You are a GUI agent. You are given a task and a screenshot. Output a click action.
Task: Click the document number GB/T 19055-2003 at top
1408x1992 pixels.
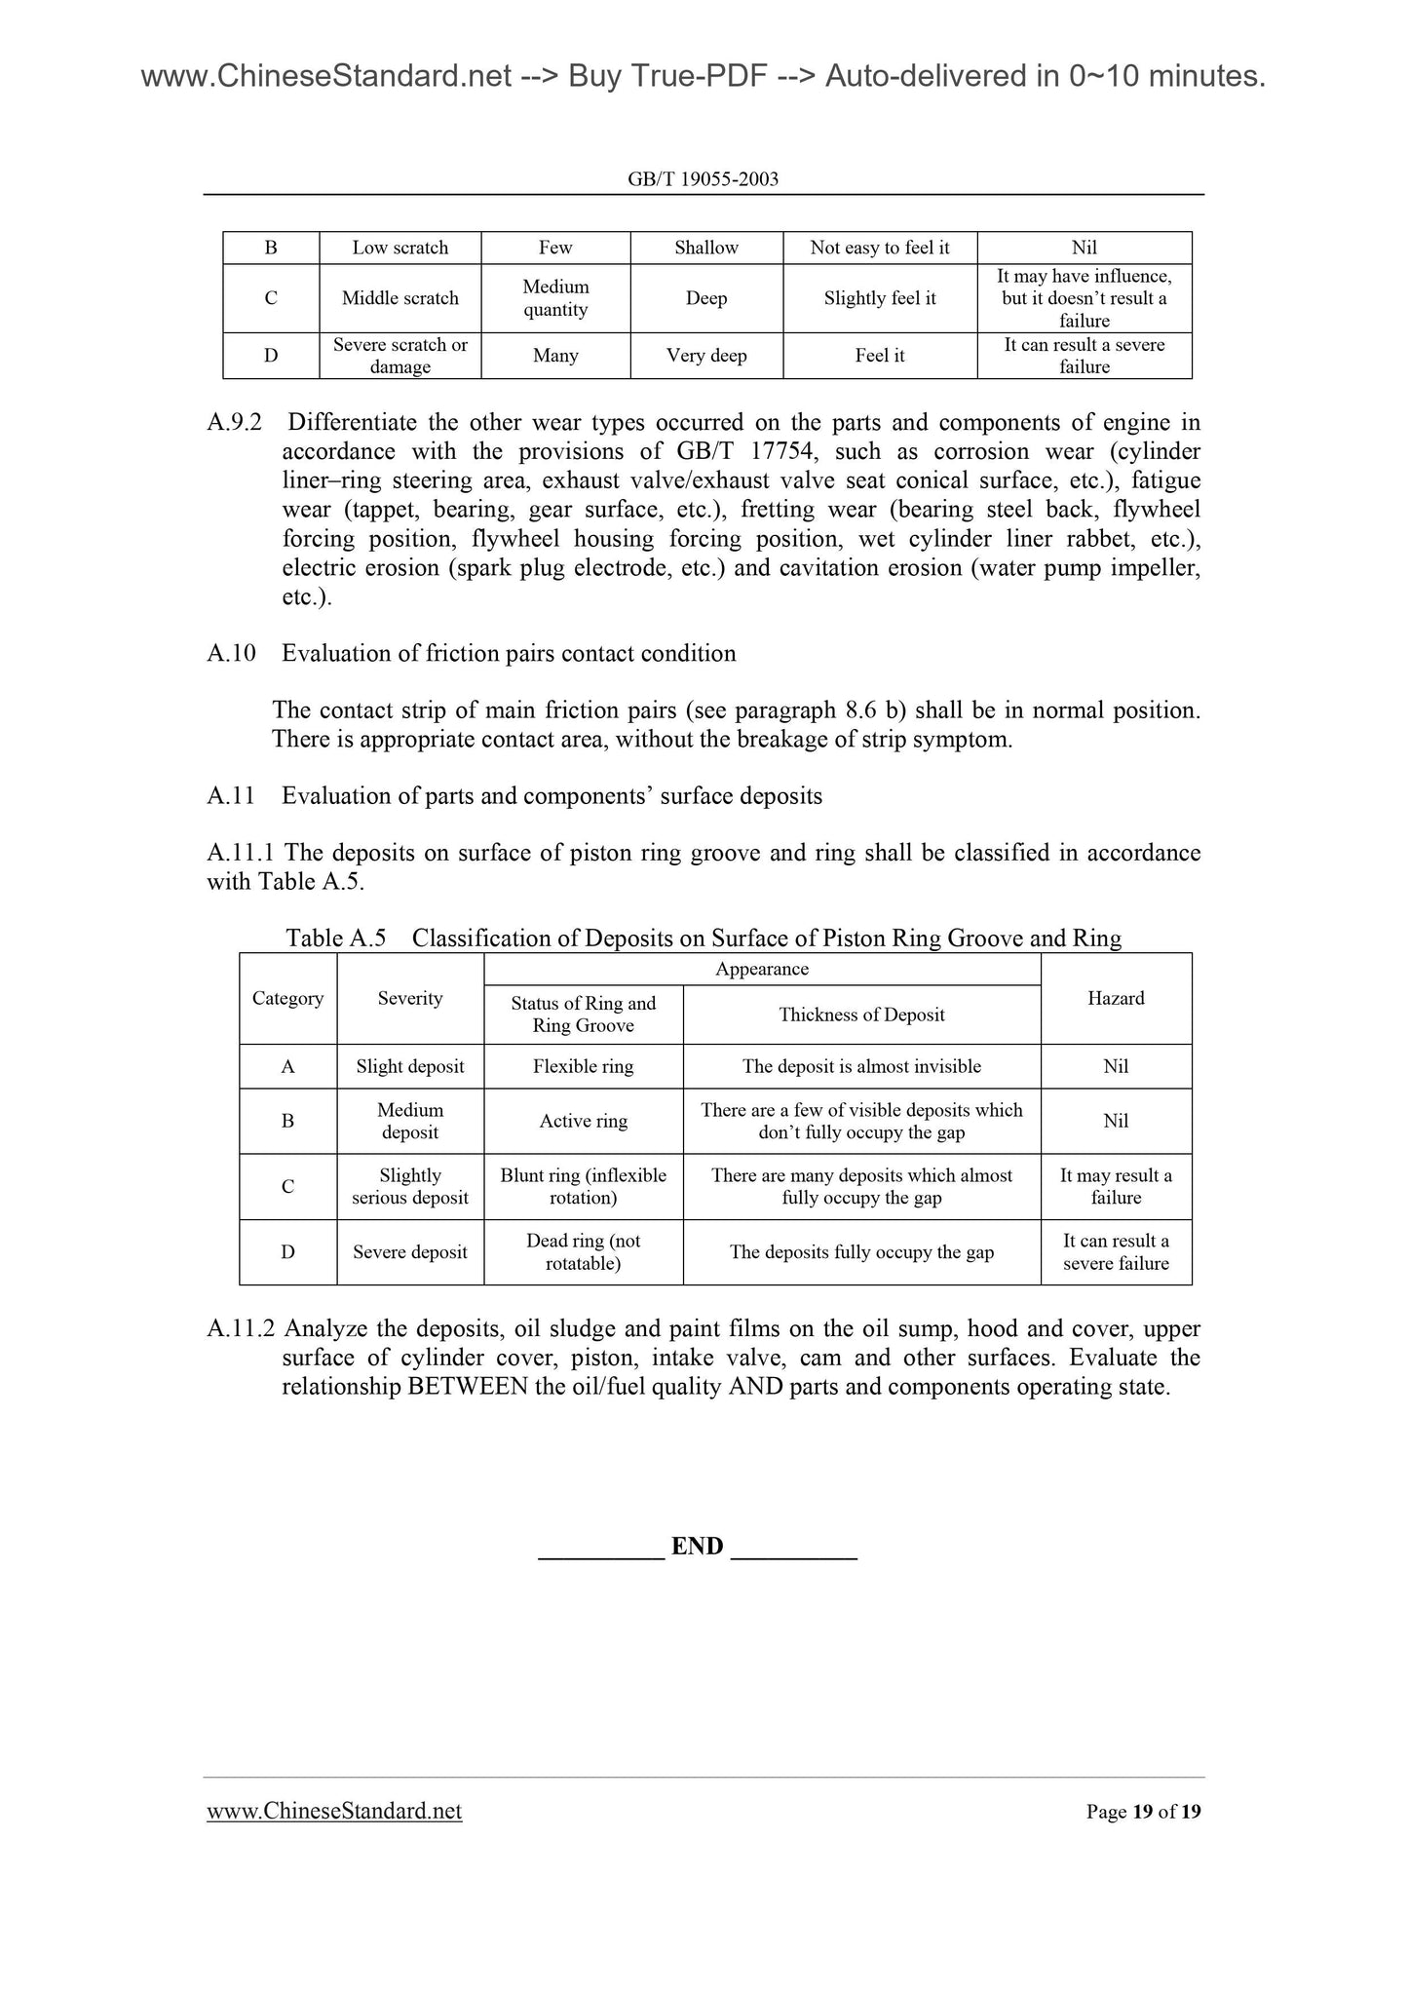click(x=704, y=179)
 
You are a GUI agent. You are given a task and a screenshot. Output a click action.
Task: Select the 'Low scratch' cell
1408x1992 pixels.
click(x=400, y=248)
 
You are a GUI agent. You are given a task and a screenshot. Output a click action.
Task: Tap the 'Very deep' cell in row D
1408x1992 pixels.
click(x=706, y=356)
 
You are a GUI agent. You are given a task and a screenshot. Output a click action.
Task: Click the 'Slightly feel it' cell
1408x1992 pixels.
click(x=879, y=298)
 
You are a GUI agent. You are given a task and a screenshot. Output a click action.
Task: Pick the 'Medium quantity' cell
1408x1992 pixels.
click(x=555, y=298)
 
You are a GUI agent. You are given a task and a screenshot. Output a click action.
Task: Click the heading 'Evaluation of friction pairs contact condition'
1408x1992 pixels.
click(x=509, y=653)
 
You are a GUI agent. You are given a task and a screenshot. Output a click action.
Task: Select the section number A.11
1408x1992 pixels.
click(x=231, y=796)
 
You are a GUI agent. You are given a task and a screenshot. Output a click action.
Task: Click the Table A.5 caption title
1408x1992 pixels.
click(x=704, y=939)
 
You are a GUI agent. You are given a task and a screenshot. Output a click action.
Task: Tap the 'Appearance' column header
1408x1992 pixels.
click(x=762, y=969)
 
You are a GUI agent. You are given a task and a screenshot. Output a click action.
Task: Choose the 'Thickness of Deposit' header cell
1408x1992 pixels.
click(x=861, y=1015)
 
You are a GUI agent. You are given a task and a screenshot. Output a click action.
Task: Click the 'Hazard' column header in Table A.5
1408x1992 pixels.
click(x=1116, y=998)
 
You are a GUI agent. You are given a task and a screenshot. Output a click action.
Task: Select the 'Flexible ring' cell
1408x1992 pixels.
click(x=583, y=1066)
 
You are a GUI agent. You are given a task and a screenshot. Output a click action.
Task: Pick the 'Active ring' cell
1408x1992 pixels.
click(x=583, y=1121)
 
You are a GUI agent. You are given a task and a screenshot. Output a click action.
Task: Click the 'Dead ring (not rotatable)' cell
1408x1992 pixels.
click(x=583, y=1252)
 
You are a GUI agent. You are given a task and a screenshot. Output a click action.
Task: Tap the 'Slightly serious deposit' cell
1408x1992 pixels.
click(x=410, y=1187)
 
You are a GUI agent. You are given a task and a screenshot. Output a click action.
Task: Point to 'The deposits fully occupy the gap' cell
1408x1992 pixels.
click(x=861, y=1252)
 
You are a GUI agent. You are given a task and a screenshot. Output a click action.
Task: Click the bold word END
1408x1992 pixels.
click(x=698, y=1547)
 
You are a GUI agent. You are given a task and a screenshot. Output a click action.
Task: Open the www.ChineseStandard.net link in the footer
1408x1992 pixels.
click(x=334, y=1811)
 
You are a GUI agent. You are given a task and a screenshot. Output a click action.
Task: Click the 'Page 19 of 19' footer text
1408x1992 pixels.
click(x=1143, y=1812)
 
